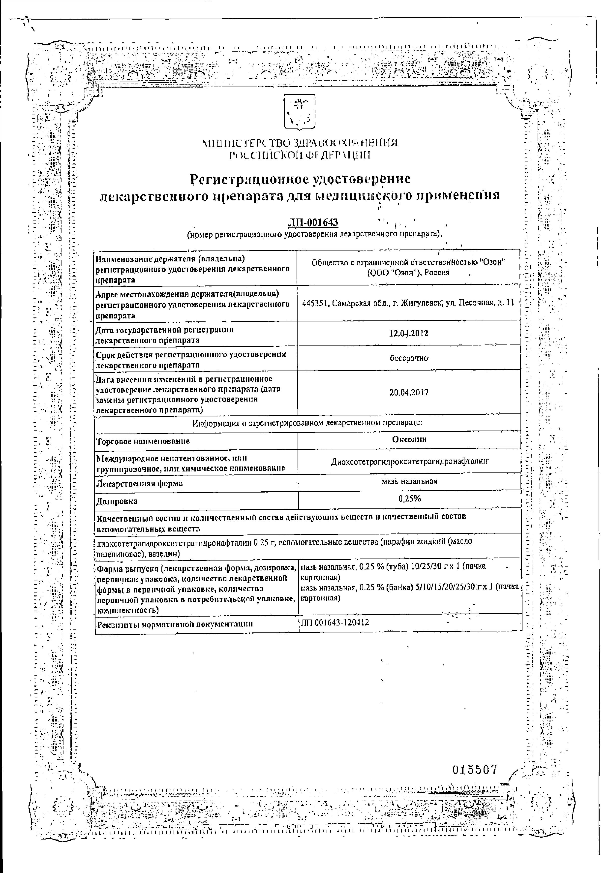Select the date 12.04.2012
click(409, 334)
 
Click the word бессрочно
click(409, 358)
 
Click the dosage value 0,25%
click(409, 499)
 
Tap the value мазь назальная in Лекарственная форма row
click(409, 481)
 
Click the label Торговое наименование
click(143, 441)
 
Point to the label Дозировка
click(117, 501)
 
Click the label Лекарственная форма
click(140, 484)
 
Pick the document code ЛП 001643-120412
click(335, 623)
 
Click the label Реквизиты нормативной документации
click(175, 624)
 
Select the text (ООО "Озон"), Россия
click(408, 273)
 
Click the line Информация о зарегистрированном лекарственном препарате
click(307, 422)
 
